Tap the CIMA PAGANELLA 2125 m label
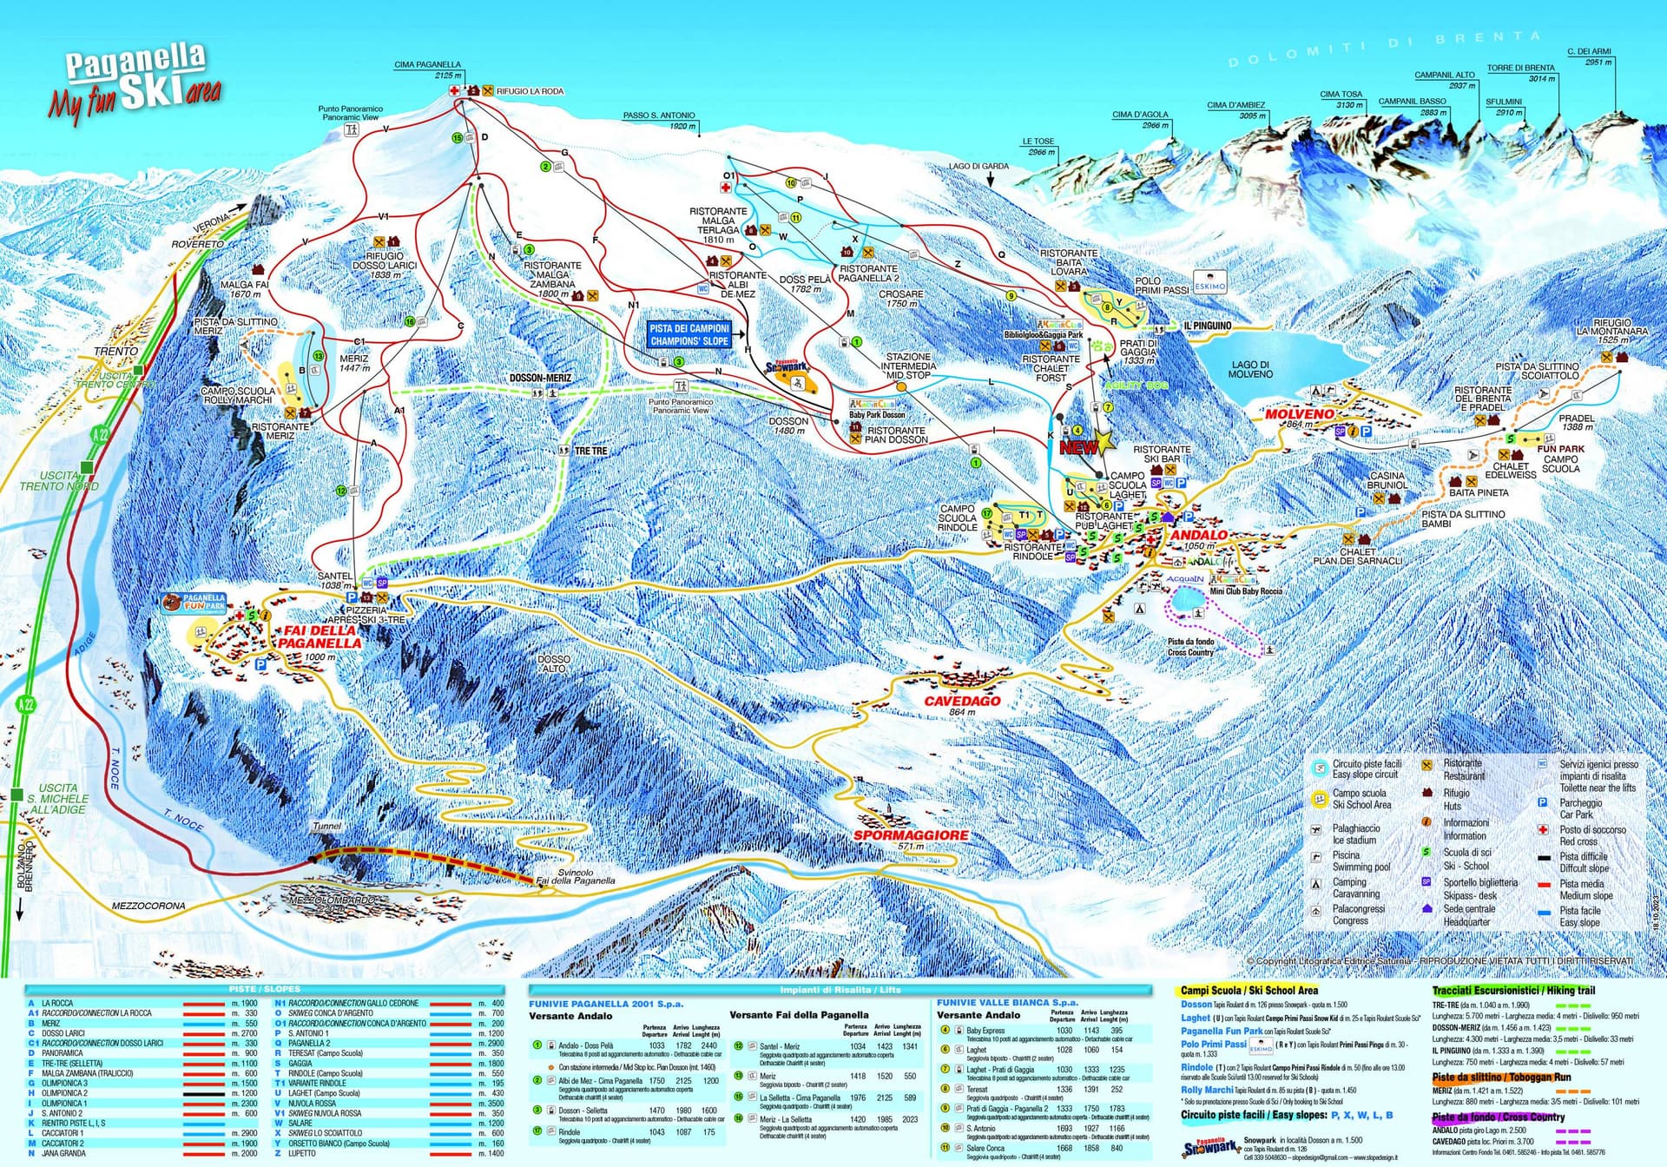pos(428,69)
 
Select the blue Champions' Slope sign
pos(689,335)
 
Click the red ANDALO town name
pos(1199,535)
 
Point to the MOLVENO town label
pos(1299,414)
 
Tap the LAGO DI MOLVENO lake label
pos(1250,369)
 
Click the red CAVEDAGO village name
pos(962,701)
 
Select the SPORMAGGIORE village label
pos(910,835)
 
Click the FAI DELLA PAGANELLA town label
pos(319,637)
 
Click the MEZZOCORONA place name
pos(148,906)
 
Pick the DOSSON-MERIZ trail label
pos(540,379)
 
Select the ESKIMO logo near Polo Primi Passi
pos(1209,286)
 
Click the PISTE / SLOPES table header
pos(264,989)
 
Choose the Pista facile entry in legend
pos(1579,916)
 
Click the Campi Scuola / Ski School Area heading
pos(1249,990)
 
